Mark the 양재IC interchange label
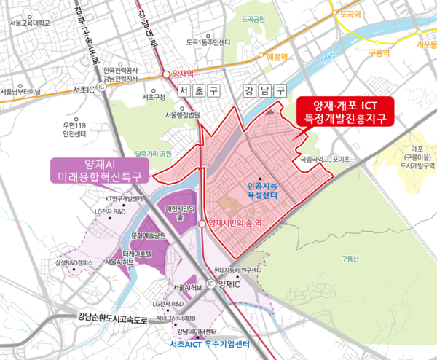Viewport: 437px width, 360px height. point(227,285)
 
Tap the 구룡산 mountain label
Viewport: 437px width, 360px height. point(351,258)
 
